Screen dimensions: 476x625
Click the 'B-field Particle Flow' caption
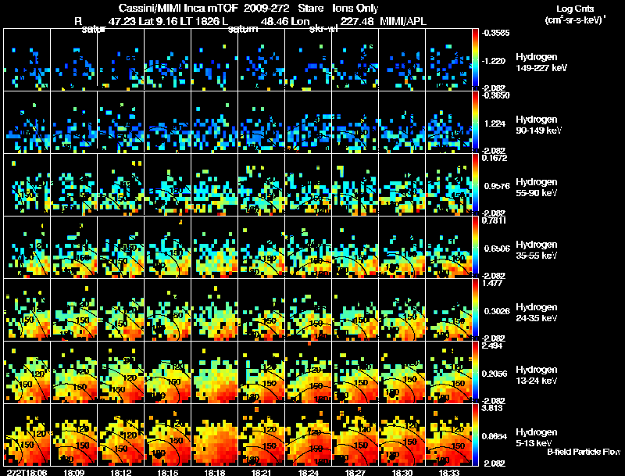tap(584, 452)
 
